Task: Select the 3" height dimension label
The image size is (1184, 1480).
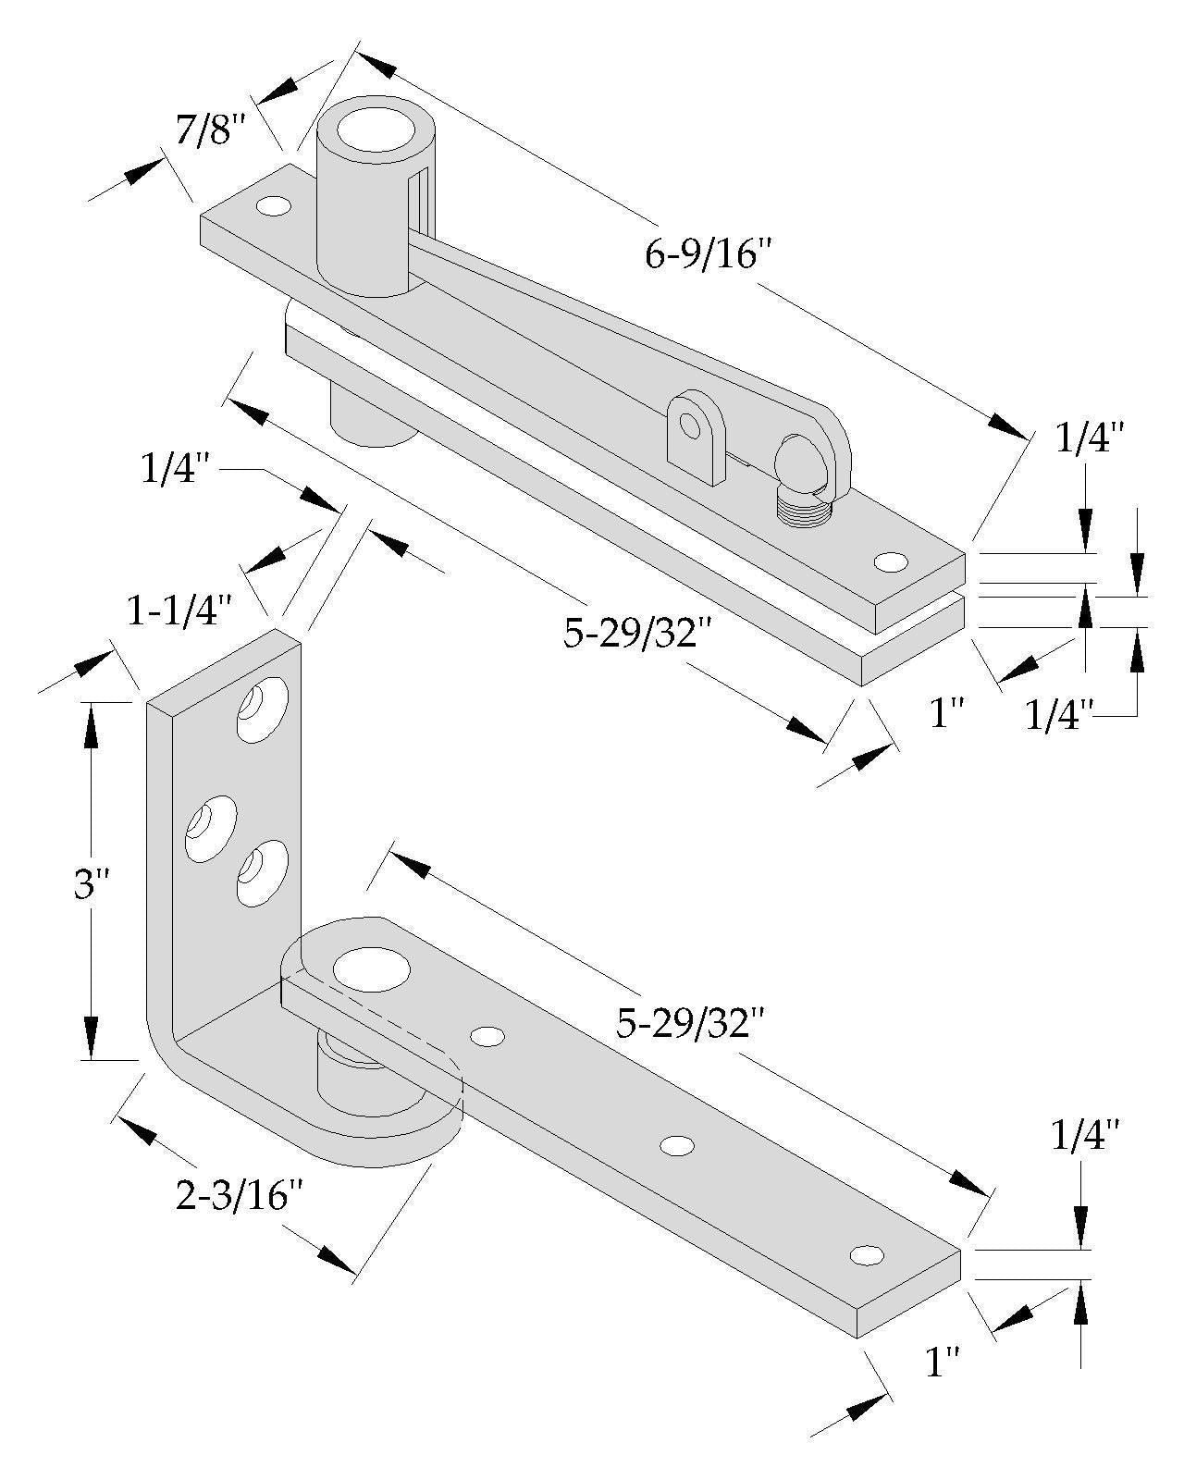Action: (x=91, y=885)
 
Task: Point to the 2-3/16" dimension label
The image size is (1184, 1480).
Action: (x=239, y=1197)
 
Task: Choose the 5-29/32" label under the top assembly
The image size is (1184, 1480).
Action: (x=629, y=634)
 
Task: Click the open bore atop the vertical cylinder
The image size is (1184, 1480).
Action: (x=374, y=129)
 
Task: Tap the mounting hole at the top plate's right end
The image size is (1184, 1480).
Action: (x=890, y=561)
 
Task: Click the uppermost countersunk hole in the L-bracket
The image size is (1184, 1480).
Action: (x=263, y=710)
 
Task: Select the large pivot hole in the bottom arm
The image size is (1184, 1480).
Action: (x=371, y=971)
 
